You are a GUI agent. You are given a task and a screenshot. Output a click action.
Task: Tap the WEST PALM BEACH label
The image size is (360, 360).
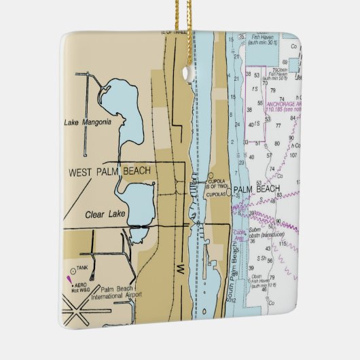point(109,171)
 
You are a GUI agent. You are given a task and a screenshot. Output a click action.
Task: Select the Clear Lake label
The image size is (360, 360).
point(103,215)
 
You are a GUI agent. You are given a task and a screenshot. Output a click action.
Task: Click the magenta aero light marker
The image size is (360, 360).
point(68,278)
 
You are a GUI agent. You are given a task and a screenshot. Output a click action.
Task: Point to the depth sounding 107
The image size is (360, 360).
point(293,154)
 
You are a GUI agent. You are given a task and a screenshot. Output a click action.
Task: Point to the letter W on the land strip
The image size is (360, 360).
point(181,270)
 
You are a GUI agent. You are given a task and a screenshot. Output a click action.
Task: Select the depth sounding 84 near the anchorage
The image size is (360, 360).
point(292,117)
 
